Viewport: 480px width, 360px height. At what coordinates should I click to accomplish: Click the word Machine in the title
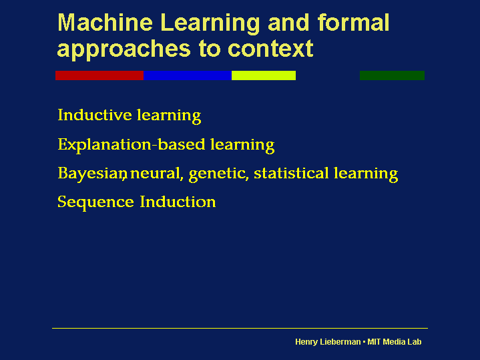pos(105,23)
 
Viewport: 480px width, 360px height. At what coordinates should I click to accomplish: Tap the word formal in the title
pos(354,23)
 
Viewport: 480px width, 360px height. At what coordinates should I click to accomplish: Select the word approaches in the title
pos(124,49)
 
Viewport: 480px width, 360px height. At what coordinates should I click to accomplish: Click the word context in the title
pos(270,48)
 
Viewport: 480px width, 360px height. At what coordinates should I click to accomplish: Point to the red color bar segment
pos(99,75)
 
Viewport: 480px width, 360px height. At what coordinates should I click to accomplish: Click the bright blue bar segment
pos(188,75)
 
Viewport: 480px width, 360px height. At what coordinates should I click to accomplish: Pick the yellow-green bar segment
pos(264,75)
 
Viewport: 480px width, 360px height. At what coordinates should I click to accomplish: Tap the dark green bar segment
pos(392,75)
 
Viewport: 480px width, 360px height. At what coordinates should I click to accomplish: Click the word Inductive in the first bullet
pos(95,115)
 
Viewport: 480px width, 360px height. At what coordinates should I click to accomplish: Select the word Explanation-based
pos(132,145)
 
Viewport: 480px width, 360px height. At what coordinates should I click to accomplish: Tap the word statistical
pos(291,173)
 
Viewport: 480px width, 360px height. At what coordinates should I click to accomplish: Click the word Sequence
pos(96,202)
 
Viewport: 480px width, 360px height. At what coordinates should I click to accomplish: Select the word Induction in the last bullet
pos(178,202)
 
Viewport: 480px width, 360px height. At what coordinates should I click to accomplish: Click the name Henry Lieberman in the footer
pos(328,342)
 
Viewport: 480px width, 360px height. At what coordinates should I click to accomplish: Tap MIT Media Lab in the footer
pos(395,341)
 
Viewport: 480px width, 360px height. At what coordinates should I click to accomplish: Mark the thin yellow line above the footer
pos(240,328)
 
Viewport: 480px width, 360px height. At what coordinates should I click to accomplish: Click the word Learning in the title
pos(210,23)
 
